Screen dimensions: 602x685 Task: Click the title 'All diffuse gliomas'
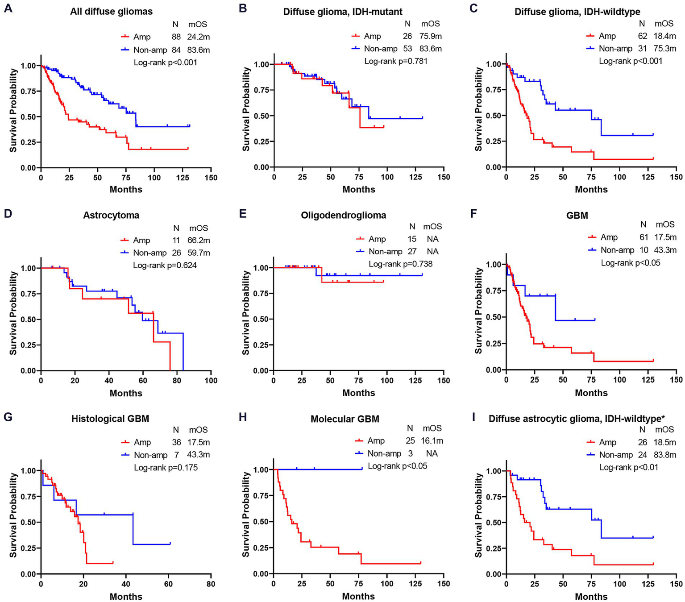pyautogui.click(x=111, y=12)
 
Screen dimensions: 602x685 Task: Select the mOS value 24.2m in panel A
pyautogui.click(x=198, y=37)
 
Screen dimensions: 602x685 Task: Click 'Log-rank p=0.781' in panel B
pyautogui.click(x=396, y=61)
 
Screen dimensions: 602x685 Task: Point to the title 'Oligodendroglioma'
pyautogui.click(x=343, y=215)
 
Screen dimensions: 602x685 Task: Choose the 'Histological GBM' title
pyautogui.click(x=110, y=419)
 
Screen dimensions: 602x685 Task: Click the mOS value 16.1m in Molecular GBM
pyautogui.click(x=432, y=440)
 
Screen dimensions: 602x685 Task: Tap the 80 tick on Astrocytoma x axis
pyautogui.click(x=177, y=381)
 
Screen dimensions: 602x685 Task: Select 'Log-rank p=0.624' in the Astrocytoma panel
pyautogui.click(x=165, y=265)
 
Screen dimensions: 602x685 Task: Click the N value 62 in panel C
pyautogui.click(x=643, y=36)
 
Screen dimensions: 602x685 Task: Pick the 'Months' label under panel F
pyautogui.click(x=591, y=393)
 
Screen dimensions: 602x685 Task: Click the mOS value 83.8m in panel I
pyautogui.click(x=664, y=455)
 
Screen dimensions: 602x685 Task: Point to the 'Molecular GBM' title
pyautogui.click(x=345, y=419)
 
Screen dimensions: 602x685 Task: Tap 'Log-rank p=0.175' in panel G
pyautogui.click(x=166, y=468)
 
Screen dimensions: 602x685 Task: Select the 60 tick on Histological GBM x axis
pyautogui.click(x=169, y=584)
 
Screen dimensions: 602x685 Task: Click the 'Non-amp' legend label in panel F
pyautogui.click(x=617, y=250)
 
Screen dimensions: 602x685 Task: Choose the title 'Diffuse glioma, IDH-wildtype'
pyautogui.click(x=577, y=12)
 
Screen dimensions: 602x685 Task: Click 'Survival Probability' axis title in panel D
pyautogui.click(x=14, y=313)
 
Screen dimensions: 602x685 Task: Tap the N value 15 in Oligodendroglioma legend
pyautogui.click(x=412, y=239)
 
